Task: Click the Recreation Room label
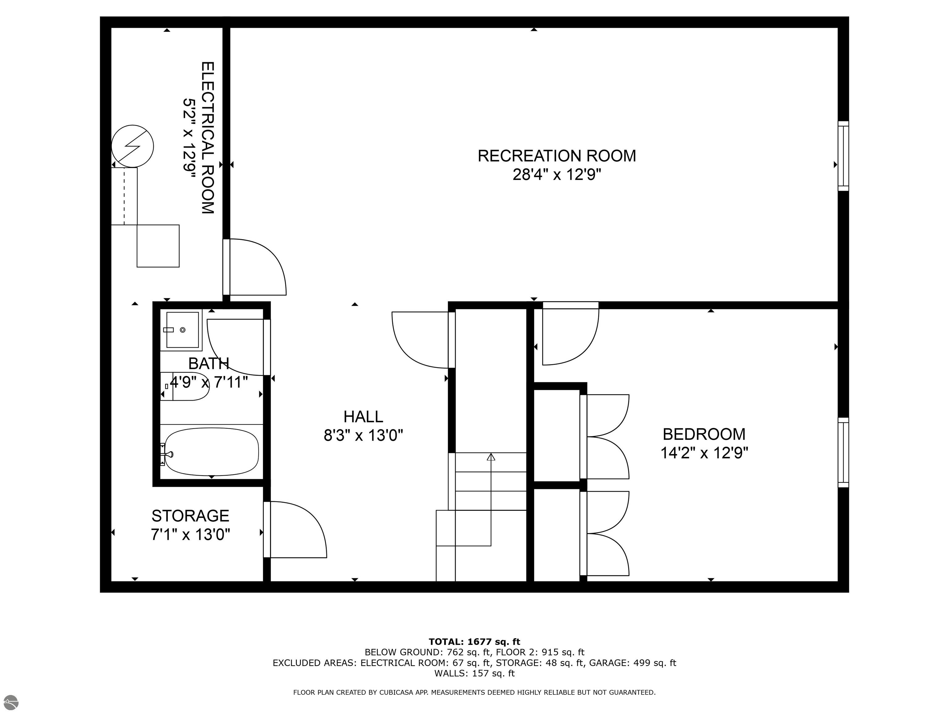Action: [557, 156]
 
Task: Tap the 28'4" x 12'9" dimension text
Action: [557, 175]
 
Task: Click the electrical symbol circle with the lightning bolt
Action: [132, 146]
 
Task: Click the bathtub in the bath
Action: [212, 451]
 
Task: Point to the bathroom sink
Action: [182, 330]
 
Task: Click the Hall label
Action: [363, 417]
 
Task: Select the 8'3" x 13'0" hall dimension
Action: [363, 436]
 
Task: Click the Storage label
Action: [191, 515]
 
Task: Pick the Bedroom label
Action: [704, 434]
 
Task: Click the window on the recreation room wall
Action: [843, 156]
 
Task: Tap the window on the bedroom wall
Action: [843, 452]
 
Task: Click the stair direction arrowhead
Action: [491, 457]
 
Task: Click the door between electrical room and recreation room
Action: [255, 267]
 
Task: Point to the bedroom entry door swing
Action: [571, 334]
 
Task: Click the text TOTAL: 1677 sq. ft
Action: [474, 642]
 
